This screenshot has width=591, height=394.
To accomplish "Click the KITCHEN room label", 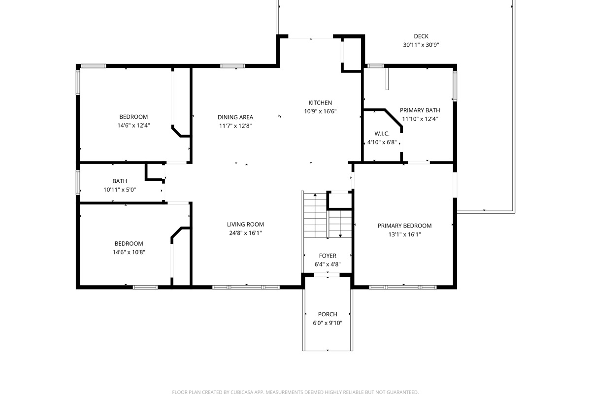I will coord(320,103).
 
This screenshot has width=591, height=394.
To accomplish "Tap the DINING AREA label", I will coord(235,117).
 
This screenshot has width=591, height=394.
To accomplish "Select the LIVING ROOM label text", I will coord(245,225).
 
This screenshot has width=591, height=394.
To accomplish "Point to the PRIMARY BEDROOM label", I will coord(404,226).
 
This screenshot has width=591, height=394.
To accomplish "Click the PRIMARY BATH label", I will coord(420,110).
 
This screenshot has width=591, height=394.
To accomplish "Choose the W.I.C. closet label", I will coord(382,133).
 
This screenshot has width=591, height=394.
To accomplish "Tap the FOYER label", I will coord(328,256).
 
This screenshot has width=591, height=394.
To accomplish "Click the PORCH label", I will coord(328,314).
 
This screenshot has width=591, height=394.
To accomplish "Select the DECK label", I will coord(421,36).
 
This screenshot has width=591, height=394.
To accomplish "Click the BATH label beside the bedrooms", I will coord(120,181).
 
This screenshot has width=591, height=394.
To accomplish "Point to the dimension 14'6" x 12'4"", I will coord(133,126).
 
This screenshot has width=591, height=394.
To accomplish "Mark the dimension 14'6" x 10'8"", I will coord(129,252).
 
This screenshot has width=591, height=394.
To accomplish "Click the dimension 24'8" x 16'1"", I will coord(245,233).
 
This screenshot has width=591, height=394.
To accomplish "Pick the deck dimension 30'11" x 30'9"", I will coord(421,45).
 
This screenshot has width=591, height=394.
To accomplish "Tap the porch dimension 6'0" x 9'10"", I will coord(328,323).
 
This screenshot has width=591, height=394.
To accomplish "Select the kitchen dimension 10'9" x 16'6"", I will coord(320,111).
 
